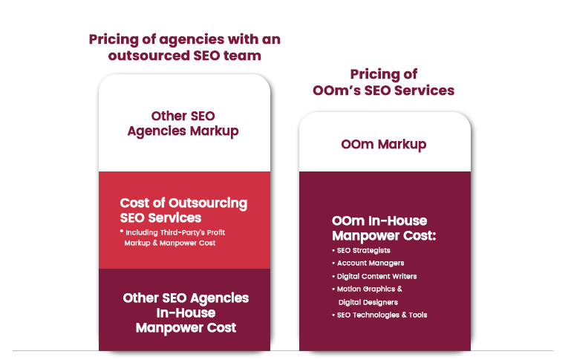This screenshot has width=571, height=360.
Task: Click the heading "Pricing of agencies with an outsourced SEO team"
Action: [x=185, y=48]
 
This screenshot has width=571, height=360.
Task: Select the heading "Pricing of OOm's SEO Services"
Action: [x=383, y=82]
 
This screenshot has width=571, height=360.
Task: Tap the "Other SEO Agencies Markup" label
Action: [x=183, y=124]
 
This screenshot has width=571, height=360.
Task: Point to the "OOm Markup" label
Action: [x=384, y=145]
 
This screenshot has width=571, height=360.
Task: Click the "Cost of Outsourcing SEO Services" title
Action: [x=183, y=210]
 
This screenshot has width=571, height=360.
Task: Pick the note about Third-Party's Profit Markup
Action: [x=172, y=238]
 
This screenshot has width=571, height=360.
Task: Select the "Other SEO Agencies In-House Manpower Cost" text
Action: [x=186, y=313]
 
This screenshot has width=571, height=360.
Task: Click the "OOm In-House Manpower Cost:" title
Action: [x=384, y=228]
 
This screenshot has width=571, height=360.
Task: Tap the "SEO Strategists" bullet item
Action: [x=362, y=250]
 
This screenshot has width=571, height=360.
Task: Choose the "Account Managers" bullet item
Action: [x=368, y=264]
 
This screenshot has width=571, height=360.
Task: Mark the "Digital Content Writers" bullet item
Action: [x=374, y=276]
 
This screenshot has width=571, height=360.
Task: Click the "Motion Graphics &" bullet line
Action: [x=367, y=289]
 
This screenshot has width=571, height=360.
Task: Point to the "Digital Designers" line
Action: [x=368, y=302]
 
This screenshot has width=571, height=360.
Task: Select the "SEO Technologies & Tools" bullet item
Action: [x=379, y=315]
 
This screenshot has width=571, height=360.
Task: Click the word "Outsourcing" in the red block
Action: [x=208, y=203]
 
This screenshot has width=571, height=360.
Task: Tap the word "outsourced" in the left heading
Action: [x=149, y=56]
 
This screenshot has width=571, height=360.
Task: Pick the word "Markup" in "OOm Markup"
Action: [x=402, y=145]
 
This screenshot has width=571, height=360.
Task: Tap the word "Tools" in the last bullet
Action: [x=418, y=315]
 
